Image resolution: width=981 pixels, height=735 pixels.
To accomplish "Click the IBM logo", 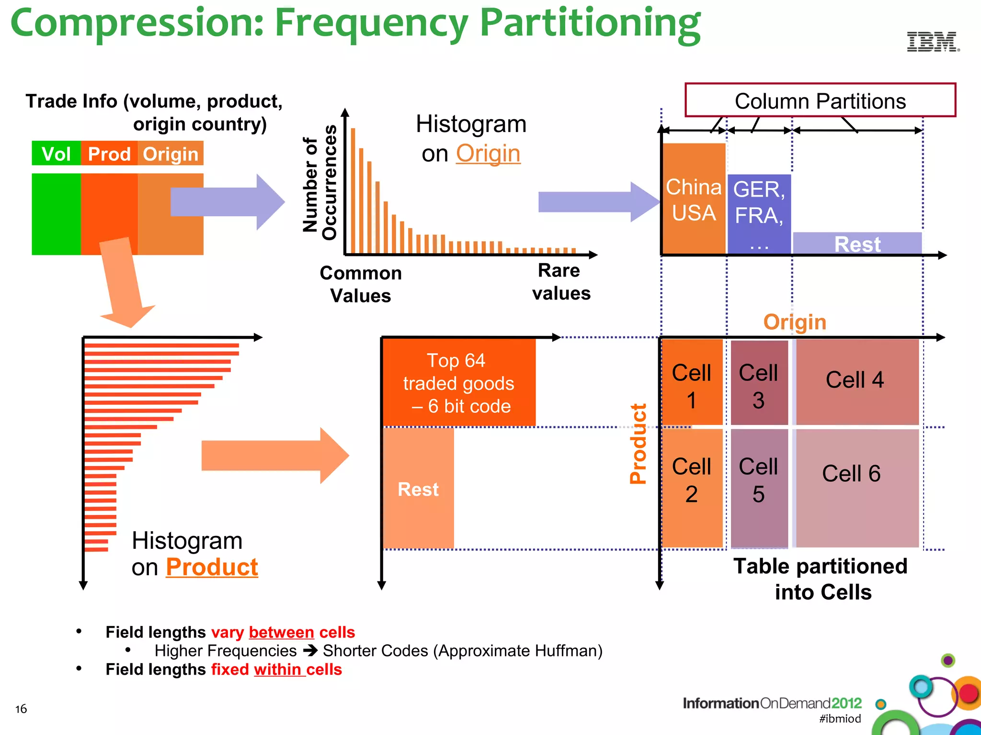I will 933,42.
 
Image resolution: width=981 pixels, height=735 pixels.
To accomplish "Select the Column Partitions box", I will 820,100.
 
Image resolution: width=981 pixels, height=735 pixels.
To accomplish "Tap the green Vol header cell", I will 56,154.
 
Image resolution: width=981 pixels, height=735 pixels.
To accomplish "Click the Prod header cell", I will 109,154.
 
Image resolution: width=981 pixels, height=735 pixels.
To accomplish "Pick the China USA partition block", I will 694,199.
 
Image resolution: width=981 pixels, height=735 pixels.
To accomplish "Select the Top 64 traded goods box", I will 458,382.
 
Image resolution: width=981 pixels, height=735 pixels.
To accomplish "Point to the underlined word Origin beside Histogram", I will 488,154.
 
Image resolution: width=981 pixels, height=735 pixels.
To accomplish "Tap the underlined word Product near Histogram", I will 212,568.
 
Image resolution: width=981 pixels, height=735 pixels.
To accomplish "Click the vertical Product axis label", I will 638,444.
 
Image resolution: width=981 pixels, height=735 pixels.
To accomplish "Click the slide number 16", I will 21,709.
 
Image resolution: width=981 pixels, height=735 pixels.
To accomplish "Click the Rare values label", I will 561,282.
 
